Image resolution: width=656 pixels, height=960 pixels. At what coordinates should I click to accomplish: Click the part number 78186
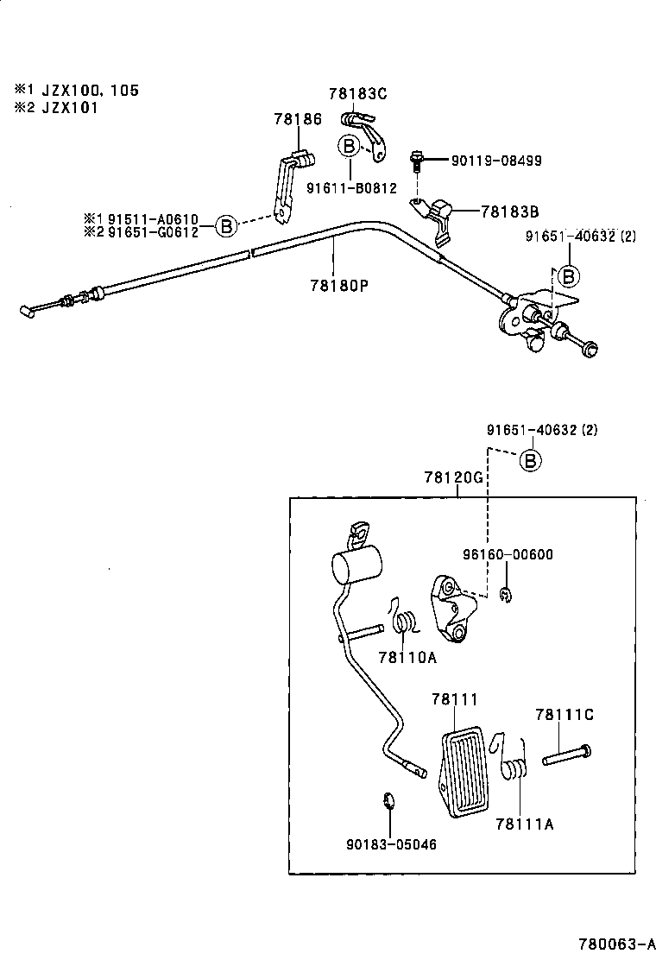pos(298,119)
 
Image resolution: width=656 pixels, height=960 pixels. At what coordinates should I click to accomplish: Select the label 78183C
pos(358,93)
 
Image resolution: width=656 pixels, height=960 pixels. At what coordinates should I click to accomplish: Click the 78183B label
pos(510,211)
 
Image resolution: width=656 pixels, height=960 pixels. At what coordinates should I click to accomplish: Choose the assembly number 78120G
pos(454,477)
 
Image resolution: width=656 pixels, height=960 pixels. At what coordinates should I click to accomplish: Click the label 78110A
pos(407,657)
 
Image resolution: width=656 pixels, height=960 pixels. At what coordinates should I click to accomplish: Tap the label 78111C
pos(565,715)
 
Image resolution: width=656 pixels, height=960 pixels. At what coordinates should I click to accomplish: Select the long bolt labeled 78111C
pos(567,755)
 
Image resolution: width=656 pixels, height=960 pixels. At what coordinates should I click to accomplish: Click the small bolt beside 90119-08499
pos(418,161)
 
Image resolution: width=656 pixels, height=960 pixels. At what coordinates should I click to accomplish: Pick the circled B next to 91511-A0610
pos(224,226)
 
